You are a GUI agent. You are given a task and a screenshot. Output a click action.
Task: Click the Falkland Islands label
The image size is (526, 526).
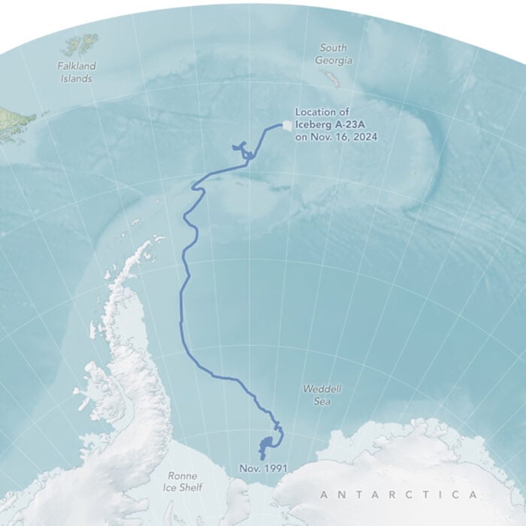click(x=76, y=72)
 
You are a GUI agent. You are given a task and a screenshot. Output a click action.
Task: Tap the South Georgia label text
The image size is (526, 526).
click(x=333, y=53)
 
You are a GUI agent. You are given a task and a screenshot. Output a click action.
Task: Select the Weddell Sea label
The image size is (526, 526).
click(x=322, y=395)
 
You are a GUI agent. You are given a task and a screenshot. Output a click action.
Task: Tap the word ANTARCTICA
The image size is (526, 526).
click(x=398, y=494)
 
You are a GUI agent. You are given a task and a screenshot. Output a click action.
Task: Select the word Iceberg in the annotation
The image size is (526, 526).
click(x=313, y=125)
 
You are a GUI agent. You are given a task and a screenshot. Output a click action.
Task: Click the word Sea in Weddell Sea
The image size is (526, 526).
click(x=323, y=402)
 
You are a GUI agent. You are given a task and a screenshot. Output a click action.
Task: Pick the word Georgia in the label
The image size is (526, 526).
click(x=334, y=59)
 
